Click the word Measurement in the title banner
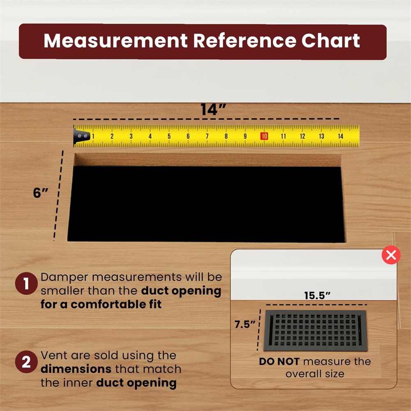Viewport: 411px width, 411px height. click(x=115, y=41)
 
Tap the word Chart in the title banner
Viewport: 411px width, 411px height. click(x=330, y=41)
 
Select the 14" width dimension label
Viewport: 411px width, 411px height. click(x=213, y=110)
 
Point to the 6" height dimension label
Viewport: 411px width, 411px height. click(x=41, y=193)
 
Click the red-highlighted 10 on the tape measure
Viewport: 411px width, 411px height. click(x=264, y=136)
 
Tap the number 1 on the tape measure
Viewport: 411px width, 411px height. click(x=93, y=136)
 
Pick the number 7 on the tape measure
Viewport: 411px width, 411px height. click(x=207, y=136)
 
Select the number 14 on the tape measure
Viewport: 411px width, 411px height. click(x=340, y=136)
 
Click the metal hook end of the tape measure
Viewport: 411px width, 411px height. click(x=81, y=136)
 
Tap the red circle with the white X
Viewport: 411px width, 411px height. click(x=391, y=255)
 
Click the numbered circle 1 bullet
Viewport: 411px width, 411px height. click(x=26, y=283)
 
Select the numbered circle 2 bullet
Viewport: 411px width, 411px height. click(x=26, y=362)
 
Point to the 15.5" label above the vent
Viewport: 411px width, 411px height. click(x=317, y=296)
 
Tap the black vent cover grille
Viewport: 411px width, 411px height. click(x=315, y=330)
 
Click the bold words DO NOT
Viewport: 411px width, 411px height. click(x=279, y=362)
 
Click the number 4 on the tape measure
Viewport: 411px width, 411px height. click(x=150, y=136)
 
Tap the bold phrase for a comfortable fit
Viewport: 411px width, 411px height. click(x=101, y=304)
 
